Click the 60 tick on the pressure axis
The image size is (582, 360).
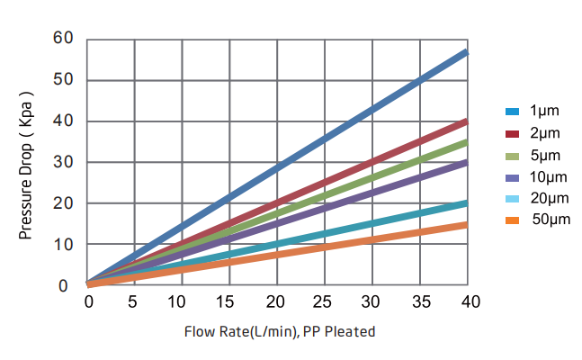click(x=62, y=39)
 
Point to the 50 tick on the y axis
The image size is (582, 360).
click(x=62, y=80)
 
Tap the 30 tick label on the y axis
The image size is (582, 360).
click(x=62, y=162)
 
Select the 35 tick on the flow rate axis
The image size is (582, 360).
click(x=419, y=301)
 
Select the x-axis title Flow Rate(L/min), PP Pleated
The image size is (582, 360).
click(x=280, y=331)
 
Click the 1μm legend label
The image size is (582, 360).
click(x=544, y=112)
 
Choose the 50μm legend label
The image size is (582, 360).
click(x=551, y=220)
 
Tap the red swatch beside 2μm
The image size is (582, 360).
click(x=513, y=133)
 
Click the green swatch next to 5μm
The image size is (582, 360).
click(x=513, y=155)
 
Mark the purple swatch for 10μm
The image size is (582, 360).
click(x=513, y=176)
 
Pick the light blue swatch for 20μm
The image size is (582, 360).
click(x=513, y=198)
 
